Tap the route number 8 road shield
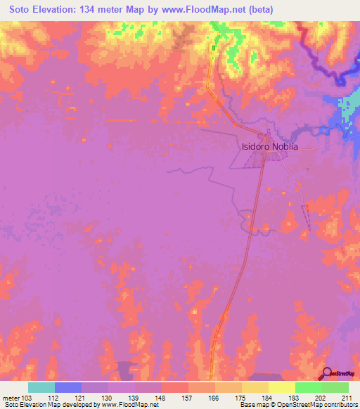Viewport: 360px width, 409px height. pos(213,48)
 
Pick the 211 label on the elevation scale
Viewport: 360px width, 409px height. pos(347,398)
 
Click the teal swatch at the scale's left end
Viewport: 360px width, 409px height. pos(41,387)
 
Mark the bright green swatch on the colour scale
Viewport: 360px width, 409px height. pos(309,387)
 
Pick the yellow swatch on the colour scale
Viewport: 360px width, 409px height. pos(282,387)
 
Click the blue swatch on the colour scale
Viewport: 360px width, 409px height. pos(68,387)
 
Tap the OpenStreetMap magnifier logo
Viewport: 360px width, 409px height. pos(328,372)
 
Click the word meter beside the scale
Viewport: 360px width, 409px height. pos(10,398)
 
